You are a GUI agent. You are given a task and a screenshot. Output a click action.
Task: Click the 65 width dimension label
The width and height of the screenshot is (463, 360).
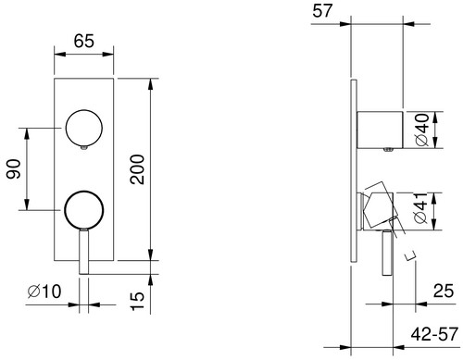tap(83, 41)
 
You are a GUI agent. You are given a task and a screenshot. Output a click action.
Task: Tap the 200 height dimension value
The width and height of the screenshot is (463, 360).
tap(137, 169)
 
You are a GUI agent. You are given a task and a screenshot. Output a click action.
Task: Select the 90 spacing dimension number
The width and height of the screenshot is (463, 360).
tap(14, 169)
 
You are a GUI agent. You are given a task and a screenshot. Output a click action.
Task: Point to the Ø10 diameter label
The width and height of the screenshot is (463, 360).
tap(44, 292)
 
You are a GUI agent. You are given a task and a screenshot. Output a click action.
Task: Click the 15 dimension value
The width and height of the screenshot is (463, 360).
tap(137, 301)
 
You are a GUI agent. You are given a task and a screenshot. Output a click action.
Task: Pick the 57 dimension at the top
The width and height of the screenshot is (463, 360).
tap(322, 11)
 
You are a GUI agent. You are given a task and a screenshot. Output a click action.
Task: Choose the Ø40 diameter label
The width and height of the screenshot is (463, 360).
tap(422, 130)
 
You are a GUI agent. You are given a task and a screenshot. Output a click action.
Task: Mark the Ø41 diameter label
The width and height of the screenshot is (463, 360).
tap(422, 208)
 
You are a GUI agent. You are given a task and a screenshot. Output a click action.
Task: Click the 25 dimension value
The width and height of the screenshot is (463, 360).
tap(444, 291)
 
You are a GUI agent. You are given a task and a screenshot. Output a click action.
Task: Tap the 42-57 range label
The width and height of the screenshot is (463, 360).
tap(434, 334)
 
